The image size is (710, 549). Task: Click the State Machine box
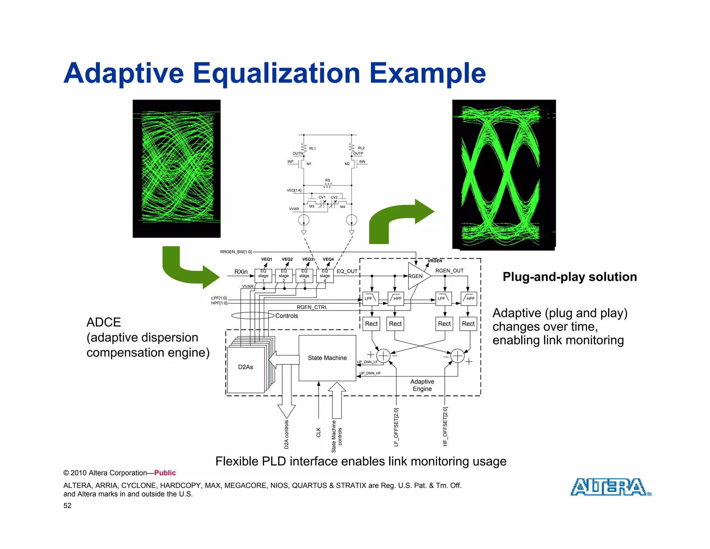point(327,358)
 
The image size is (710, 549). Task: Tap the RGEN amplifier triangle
point(417,276)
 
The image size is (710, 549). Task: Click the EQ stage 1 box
point(263,276)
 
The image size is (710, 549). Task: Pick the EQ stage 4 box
point(325,276)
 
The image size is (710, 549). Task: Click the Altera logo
point(611,487)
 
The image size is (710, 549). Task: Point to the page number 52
point(67,506)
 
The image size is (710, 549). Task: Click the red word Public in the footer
point(165,473)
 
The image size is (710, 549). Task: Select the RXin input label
point(241,272)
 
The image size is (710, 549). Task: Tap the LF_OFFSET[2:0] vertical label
point(396,427)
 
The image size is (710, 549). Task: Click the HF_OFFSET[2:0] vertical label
point(445,426)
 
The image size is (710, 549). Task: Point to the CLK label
point(319,432)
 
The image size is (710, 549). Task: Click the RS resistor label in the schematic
point(328,180)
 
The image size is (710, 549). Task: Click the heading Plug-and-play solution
point(570,277)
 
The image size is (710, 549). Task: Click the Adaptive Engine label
point(422,385)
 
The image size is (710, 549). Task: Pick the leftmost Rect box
point(371,324)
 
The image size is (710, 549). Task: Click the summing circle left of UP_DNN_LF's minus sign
point(383,356)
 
